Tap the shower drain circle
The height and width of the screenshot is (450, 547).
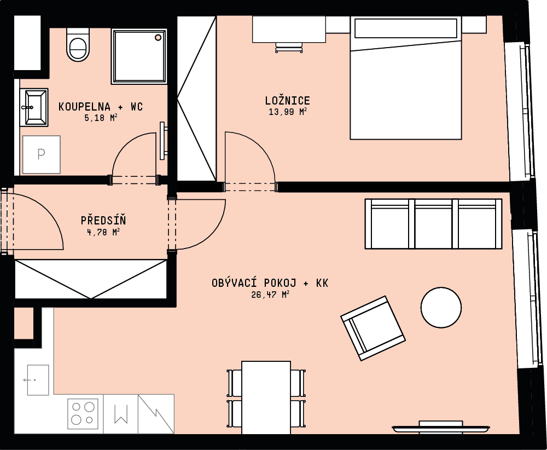coord(158,37)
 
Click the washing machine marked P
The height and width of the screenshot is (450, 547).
coord(42,154)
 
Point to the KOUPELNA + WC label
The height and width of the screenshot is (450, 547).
coord(101,106)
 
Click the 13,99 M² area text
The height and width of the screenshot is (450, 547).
coord(288,112)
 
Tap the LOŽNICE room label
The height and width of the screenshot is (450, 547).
coord(288,101)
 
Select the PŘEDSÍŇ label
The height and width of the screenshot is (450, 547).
coord(103,220)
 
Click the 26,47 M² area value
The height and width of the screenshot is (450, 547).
coord(270,295)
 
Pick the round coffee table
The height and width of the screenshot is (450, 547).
coord(441,307)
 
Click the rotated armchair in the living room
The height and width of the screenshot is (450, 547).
coord(373,328)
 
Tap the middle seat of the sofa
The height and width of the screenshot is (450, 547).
coord(433,224)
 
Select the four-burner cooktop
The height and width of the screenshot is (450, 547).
coord(83,414)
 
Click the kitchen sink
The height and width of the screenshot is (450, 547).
coord(38,380)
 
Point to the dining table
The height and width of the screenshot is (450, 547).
coord(266,397)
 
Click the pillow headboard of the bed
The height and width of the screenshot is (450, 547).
coord(406,28)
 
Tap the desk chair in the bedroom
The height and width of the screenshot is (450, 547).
coord(289,48)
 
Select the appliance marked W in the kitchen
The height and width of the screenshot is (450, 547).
coord(121,414)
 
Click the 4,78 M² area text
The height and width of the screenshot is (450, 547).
coord(103,232)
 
